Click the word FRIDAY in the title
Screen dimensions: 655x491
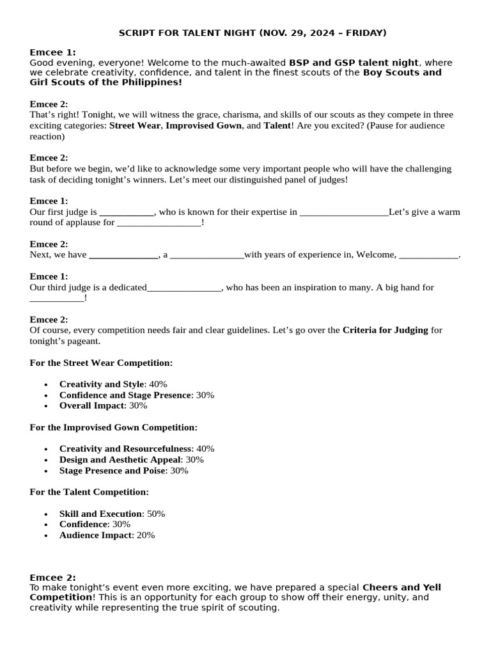coord(363,33)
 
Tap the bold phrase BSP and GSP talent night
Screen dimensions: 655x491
coord(354,63)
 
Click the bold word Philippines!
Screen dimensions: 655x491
coord(149,83)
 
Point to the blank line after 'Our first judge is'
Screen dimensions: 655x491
coord(127,212)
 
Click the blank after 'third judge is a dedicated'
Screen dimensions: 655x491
coord(184,288)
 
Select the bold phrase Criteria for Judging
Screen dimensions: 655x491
coord(385,330)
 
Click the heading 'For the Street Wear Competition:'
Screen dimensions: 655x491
coord(101,363)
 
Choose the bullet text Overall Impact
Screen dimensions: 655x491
coord(91,406)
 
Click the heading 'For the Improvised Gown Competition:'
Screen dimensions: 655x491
coord(114,427)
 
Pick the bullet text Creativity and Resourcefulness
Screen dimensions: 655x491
coord(125,449)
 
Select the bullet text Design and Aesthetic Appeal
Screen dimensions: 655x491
coord(120,460)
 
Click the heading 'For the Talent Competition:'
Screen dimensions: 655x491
coord(90,492)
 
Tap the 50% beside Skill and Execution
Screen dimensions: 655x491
coord(156,514)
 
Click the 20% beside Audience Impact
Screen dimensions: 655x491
coord(145,535)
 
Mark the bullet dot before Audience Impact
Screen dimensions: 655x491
coord(46,536)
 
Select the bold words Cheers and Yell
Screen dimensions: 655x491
coord(401,587)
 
